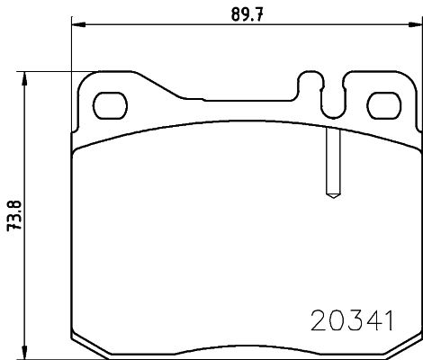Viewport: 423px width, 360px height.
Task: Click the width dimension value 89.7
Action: [245, 13]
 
